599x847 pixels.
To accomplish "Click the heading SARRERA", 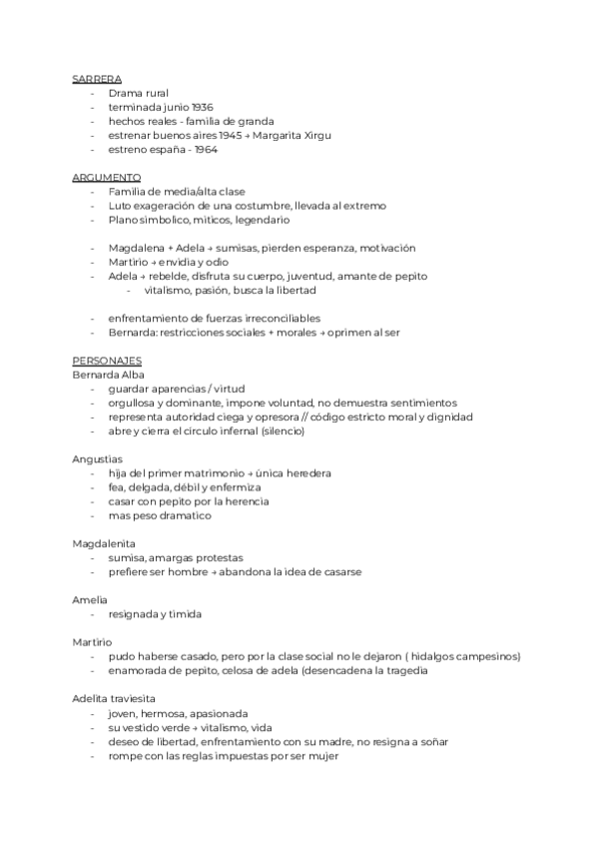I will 97,78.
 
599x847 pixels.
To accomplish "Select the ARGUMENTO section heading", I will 106,177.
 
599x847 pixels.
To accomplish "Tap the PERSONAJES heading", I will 107,360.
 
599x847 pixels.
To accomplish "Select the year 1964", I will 206,149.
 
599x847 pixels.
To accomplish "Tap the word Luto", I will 120,205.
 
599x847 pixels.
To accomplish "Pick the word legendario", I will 257,219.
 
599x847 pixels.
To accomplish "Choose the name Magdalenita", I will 104,543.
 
